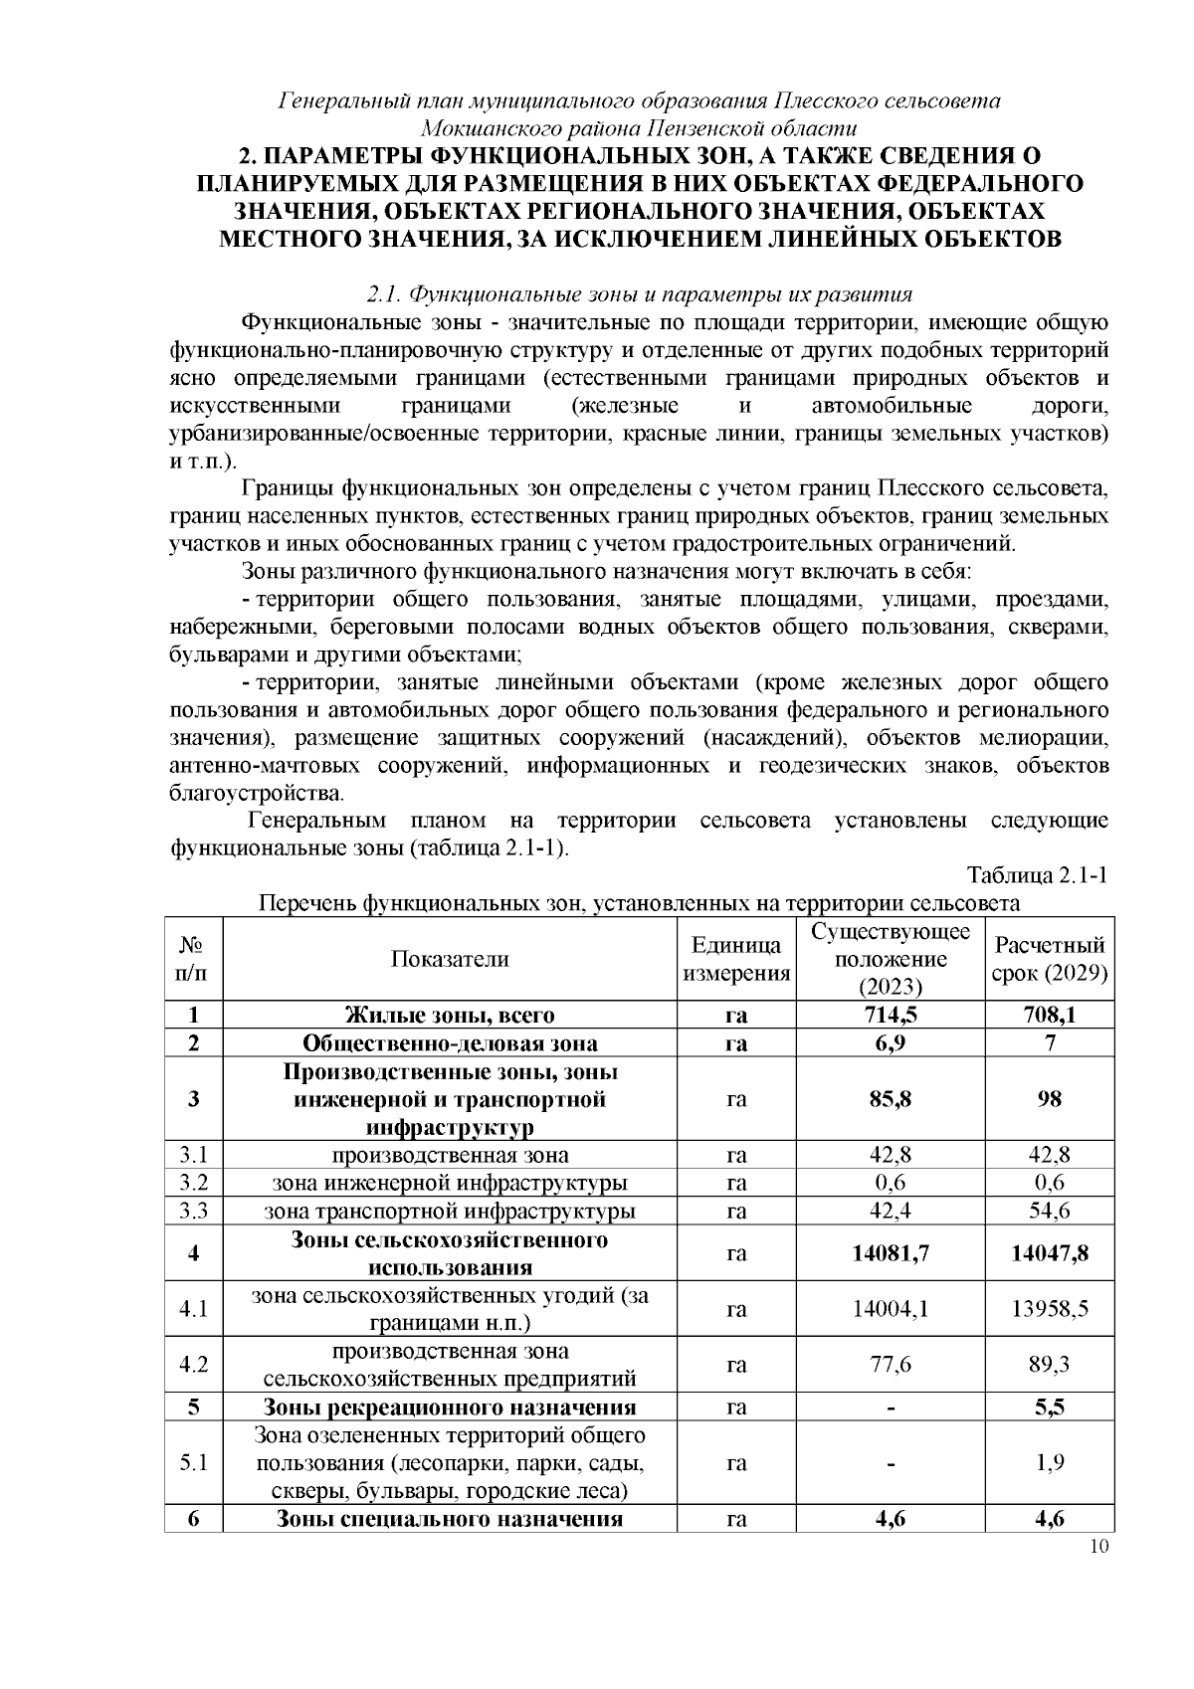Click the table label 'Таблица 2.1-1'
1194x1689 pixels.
pyautogui.click(x=1038, y=875)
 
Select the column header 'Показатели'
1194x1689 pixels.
pyautogui.click(x=449, y=959)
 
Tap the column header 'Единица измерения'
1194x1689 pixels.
pyautogui.click(x=736, y=959)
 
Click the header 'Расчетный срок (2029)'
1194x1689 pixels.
pyautogui.click(x=1050, y=959)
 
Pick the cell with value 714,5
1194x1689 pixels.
pyautogui.click(x=891, y=1015)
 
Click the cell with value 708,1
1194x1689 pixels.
pyautogui.click(x=1050, y=1015)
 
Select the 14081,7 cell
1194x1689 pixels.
pyautogui.click(x=891, y=1253)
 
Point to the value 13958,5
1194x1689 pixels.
pyautogui.click(x=1050, y=1309)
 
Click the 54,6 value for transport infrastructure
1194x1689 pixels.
pyautogui.click(x=1050, y=1211)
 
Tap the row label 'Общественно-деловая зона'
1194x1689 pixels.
pyautogui.click(x=450, y=1042)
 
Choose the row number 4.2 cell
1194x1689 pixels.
pyautogui.click(x=193, y=1365)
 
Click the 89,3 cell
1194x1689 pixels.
pyautogui.click(x=1050, y=1365)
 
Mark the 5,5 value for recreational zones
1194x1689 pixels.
pyautogui.click(x=1050, y=1407)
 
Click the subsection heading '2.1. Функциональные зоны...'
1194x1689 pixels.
pyautogui.click(x=640, y=294)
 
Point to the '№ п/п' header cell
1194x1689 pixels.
pyautogui.click(x=193, y=959)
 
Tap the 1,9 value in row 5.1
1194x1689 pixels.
pyautogui.click(x=1050, y=1463)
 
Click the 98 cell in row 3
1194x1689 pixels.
pyautogui.click(x=1050, y=1099)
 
